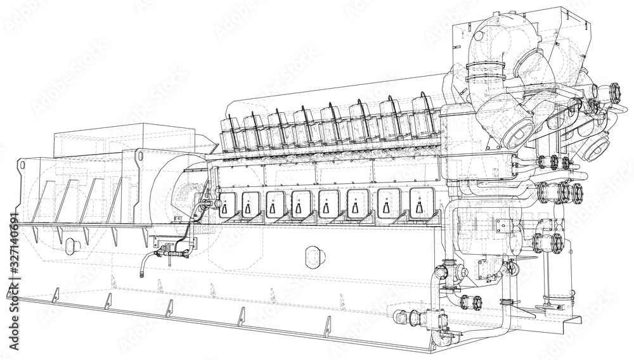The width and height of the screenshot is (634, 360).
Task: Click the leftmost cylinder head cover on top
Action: pos(230,132)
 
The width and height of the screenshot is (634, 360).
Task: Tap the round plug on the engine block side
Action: pos(314,255)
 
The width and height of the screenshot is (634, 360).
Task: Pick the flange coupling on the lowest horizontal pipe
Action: pos(470,302)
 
